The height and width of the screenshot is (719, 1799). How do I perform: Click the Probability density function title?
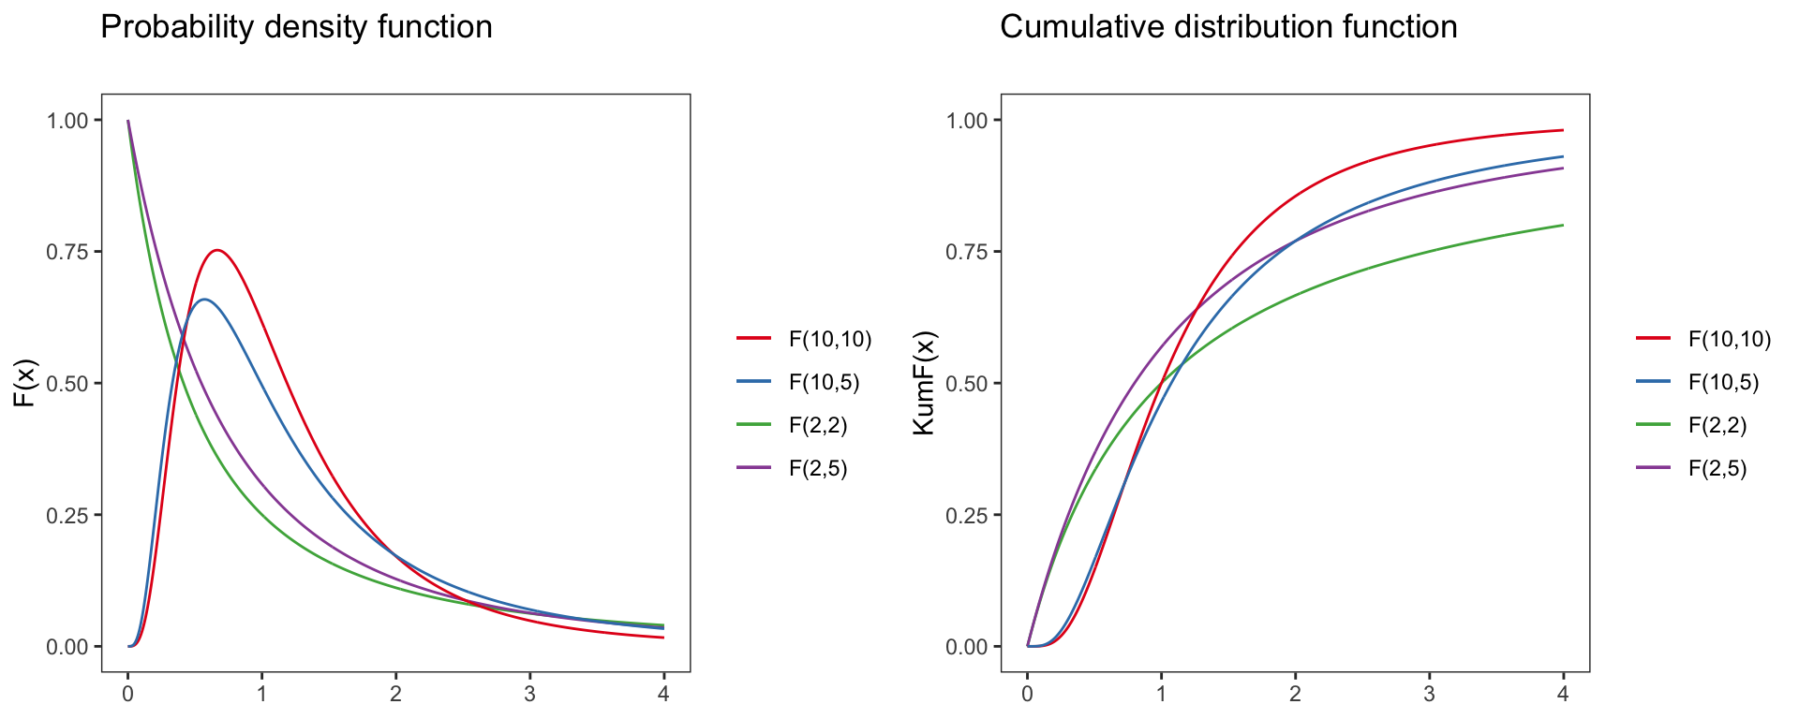pyautogui.click(x=296, y=27)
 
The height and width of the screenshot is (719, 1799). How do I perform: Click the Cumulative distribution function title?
pyautogui.click(x=1228, y=27)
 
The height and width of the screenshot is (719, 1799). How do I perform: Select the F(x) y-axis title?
pyautogui.click(x=25, y=383)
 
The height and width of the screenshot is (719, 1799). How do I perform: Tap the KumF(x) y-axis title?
pyautogui.click(x=925, y=383)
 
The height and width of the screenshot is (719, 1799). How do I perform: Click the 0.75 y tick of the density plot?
pyautogui.click(x=67, y=252)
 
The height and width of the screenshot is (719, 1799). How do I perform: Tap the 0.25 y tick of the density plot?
pyautogui.click(x=67, y=515)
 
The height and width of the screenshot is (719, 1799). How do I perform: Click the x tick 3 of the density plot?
pyautogui.click(x=530, y=695)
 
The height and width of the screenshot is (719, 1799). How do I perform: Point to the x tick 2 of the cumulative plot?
pyautogui.click(x=1296, y=695)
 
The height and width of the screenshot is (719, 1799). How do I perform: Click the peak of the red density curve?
pyautogui.click(x=217, y=250)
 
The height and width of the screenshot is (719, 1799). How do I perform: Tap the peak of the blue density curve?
pyautogui.click(x=204, y=300)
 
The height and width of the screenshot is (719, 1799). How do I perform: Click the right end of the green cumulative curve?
pyautogui.click(x=1563, y=225)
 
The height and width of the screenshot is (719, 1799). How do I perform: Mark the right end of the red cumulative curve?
pyautogui.click(x=1563, y=130)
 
